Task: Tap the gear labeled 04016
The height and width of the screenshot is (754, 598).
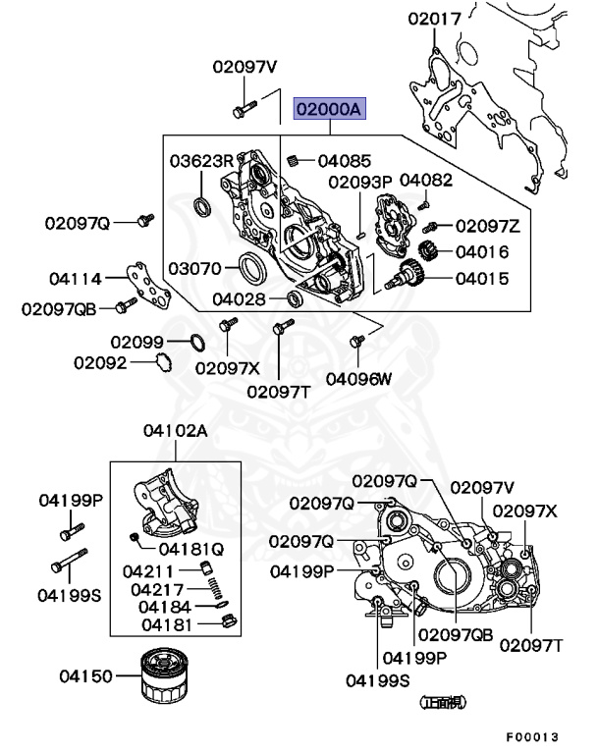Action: (428, 251)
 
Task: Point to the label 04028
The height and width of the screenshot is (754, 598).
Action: (242, 297)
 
